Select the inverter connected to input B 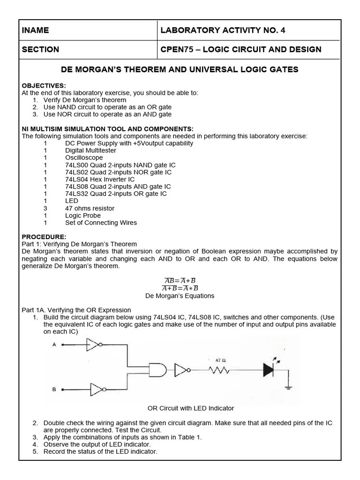pos(97,389)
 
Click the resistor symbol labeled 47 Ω pos(219,371)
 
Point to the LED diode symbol pos(269,370)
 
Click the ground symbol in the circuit pos(288,388)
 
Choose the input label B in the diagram pos(54,389)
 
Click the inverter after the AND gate pos(182,370)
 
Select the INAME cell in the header pos(35,30)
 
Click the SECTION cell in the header pos(40,49)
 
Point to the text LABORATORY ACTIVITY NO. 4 pos(223,30)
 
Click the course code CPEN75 pos(175,49)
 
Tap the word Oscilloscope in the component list pos(84,157)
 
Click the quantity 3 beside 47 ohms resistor pos(45,208)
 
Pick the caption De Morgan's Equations pos(180,296)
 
